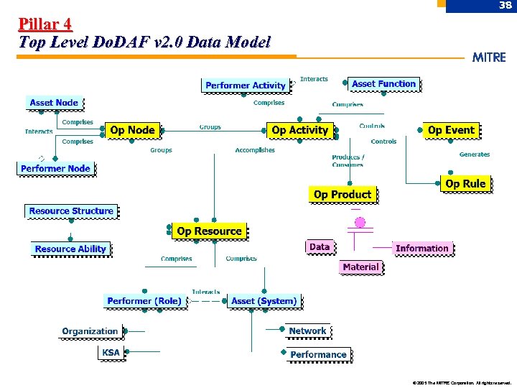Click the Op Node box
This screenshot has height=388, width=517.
pos(133,130)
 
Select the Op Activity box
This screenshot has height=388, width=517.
pos(299,130)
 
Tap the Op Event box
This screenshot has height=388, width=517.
pos(450,130)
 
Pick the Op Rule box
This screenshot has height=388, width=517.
pos(465,184)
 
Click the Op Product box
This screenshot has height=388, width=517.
pos(343,194)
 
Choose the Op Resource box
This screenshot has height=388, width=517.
pos(209,231)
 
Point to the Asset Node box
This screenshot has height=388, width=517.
pos(54,103)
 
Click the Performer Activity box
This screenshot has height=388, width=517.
pos(245,86)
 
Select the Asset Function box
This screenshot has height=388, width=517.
pos(384,84)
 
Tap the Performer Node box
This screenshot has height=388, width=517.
pos(55,168)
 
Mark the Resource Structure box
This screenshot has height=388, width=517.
pos(71,211)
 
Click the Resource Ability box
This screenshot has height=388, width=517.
pos(70,249)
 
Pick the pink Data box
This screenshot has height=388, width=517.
pos(320,246)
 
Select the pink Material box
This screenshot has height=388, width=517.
pos(360,267)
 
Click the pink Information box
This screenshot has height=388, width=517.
pos(422,249)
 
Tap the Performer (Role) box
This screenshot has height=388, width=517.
pos(144,301)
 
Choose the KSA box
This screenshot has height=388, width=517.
pos(111,353)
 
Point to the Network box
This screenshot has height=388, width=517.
pos(307,331)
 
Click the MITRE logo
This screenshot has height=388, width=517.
pos(489,57)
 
